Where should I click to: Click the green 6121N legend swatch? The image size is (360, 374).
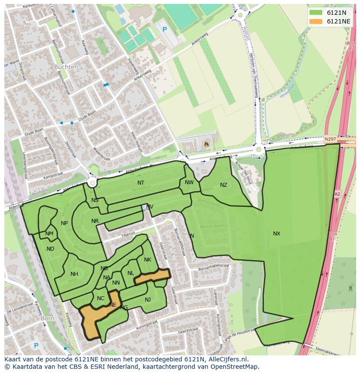pyautogui.click(x=316, y=13)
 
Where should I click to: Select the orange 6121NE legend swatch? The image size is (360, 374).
pyautogui.click(x=316, y=21)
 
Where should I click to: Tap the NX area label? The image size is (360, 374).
pyautogui.click(x=277, y=234)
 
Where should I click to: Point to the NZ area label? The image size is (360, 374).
pyautogui.click(x=223, y=185)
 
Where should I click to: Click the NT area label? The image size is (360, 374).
pyautogui.click(x=141, y=183)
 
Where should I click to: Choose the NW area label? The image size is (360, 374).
pyautogui.click(x=189, y=182)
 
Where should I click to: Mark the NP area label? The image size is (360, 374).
pyautogui.click(x=64, y=223)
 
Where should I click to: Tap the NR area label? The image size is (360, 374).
pyautogui.click(x=95, y=221)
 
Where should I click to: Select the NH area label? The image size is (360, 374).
pyautogui.click(x=74, y=274)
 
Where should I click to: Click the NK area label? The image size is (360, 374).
pyautogui.click(x=147, y=260)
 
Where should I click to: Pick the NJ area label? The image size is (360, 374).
pyautogui.click(x=148, y=300)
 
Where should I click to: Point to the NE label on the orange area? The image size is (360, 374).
pyautogui.click(x=113, y=305)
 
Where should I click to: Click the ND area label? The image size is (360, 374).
pyautogui.click(x=50, y=249)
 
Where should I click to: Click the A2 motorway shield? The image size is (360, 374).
pyautogui.click(x=337, y=194)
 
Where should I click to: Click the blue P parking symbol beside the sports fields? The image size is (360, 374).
pyautogui.click(x=164, y=30)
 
